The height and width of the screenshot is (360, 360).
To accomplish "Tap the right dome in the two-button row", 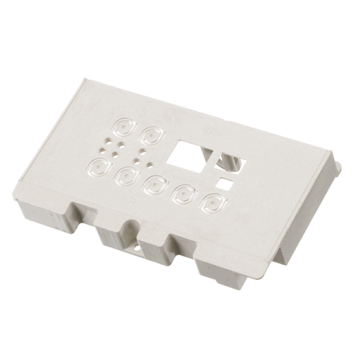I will [x=153, y=134].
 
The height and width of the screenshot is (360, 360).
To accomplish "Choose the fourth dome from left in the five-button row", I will [x=185, y=193].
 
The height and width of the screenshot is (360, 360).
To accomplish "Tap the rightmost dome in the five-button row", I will [x=214, y=200].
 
